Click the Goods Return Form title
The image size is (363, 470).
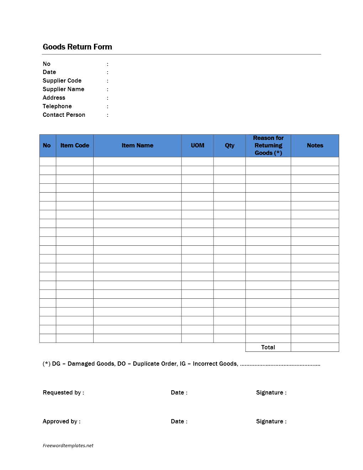[x=77, y=47]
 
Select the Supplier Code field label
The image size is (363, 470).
[x=62, y=81]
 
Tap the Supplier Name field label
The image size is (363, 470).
[x=63, y=89]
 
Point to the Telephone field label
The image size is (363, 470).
[x=57, y=106]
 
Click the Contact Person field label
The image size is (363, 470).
[x=64, y=115]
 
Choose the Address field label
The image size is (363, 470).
[x=54, y=98]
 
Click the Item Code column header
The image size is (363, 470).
[x=75, y=146]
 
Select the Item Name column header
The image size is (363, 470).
[x=137, y=146]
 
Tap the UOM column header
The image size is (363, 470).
[x=198, y=146]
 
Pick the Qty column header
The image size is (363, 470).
[x=230, y=146]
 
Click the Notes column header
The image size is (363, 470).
[x=315, y=146]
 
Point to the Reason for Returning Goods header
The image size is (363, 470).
[x=268, y=146]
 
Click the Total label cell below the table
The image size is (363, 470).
[x=268, y=348]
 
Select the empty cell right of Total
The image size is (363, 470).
[x=315, y=348]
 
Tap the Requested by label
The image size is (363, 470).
[x=63, y=393]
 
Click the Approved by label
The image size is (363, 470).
[x=62, y=422]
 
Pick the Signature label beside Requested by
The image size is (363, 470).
[x=271, y=393]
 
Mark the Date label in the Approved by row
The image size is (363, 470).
[x=179, y=422]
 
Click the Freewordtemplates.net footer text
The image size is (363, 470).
[x=68, y=446]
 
